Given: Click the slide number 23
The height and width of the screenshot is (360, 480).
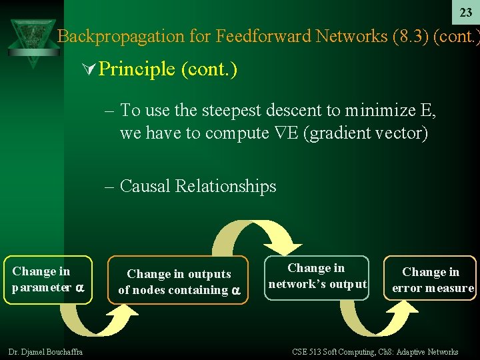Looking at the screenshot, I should (466, 12).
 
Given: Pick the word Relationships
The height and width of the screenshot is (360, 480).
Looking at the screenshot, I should (225, 186).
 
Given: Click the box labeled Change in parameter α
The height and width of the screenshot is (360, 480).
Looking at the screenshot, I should (48, 280).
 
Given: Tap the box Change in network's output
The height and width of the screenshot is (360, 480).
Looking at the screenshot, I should (317, 277).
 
